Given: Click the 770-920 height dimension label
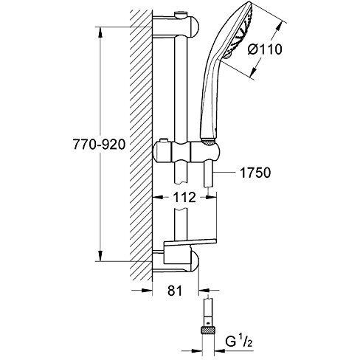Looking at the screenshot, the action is (99, 145).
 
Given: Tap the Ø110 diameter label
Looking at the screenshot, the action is (265, 49).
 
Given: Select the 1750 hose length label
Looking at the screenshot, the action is (255, 173).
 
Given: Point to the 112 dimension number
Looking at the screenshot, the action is (184, 197).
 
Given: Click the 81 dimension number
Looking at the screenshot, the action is (175, 291).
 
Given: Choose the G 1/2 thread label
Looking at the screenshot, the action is (239, 342).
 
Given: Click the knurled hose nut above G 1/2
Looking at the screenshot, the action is (208, 329).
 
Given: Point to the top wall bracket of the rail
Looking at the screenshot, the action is (176, 26).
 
